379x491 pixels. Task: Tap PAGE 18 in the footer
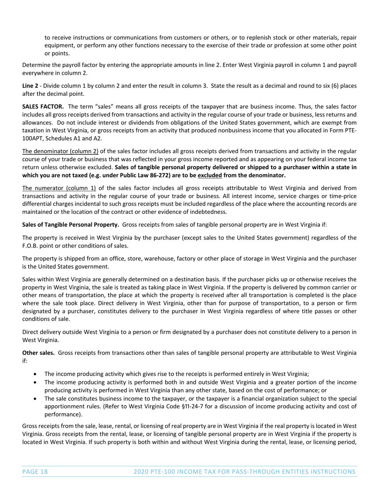(x=35, y=472)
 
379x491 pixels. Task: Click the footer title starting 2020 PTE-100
(x=244, y=472)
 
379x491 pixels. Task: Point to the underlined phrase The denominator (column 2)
(x=60, y=151)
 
